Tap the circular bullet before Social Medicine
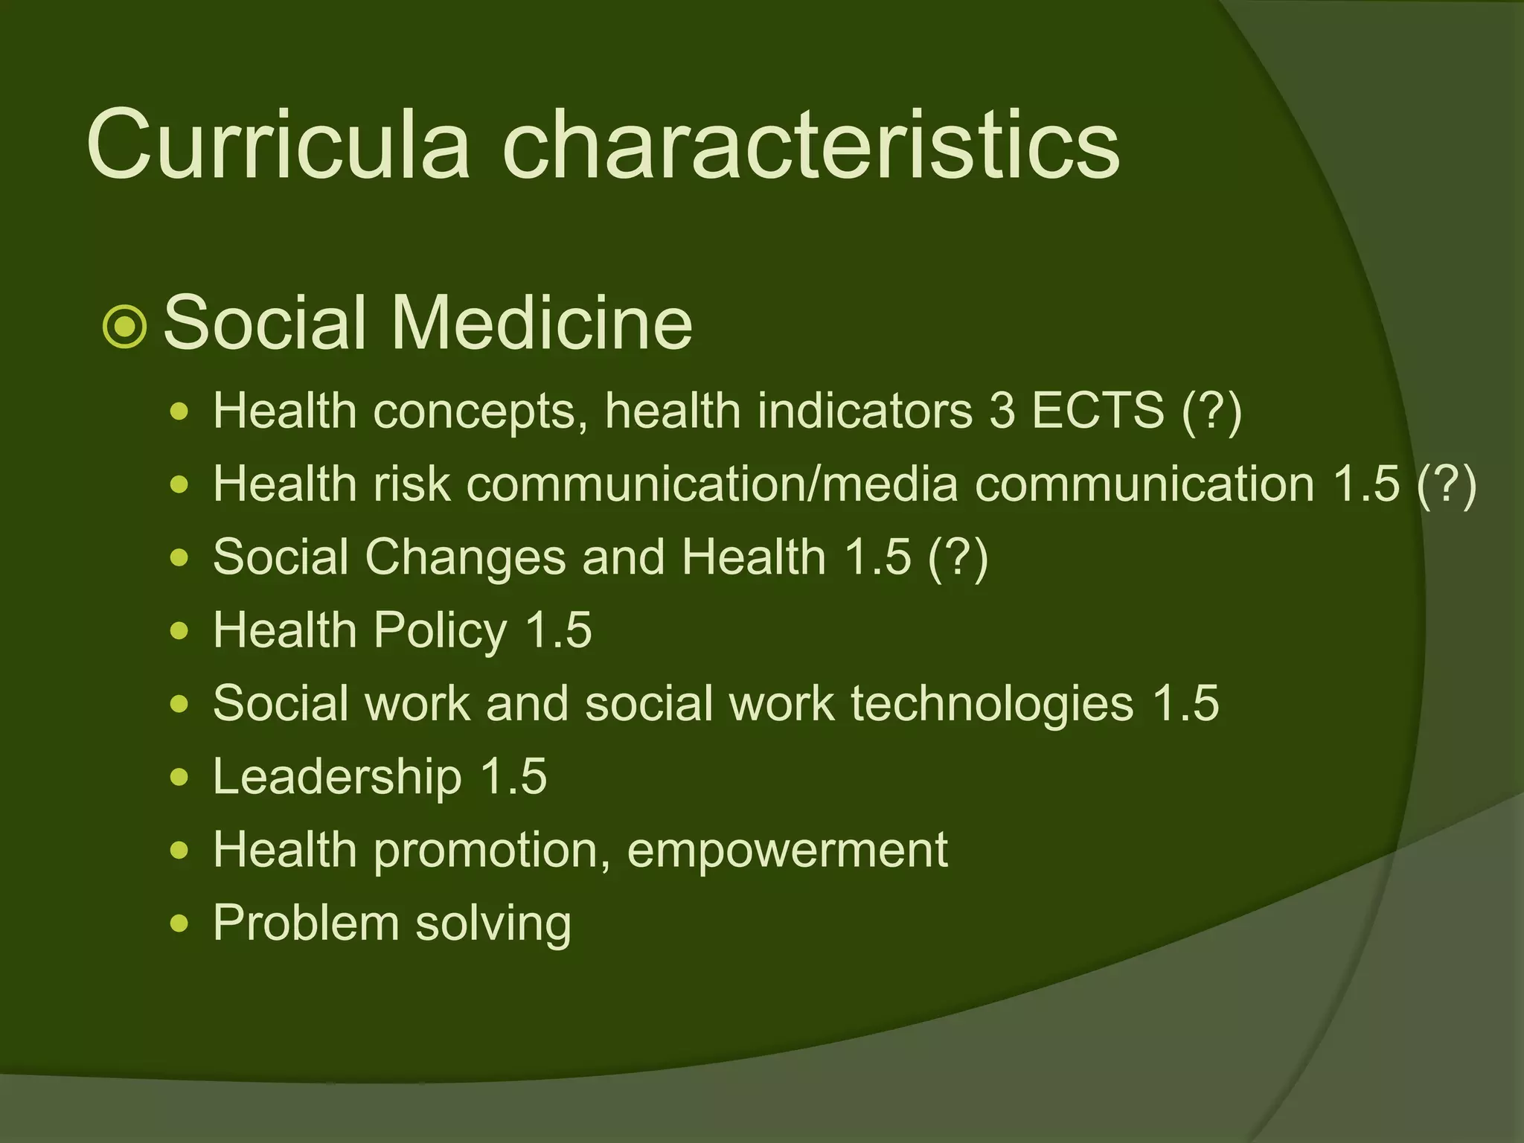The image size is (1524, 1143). [x=125, y=326]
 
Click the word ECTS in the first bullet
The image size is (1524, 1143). [x=1098, y=410]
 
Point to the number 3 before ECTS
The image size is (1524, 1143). [x=1002, y=410]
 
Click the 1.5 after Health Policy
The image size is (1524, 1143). [x=559, y=630]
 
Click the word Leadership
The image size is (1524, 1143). [x=337, y=776]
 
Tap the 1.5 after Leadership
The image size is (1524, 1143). [x=513, y=776]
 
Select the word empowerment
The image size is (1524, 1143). [x=787, y=850]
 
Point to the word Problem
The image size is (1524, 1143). [x=306, y=923]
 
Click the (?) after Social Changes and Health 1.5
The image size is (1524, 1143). [x=958, y=557]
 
